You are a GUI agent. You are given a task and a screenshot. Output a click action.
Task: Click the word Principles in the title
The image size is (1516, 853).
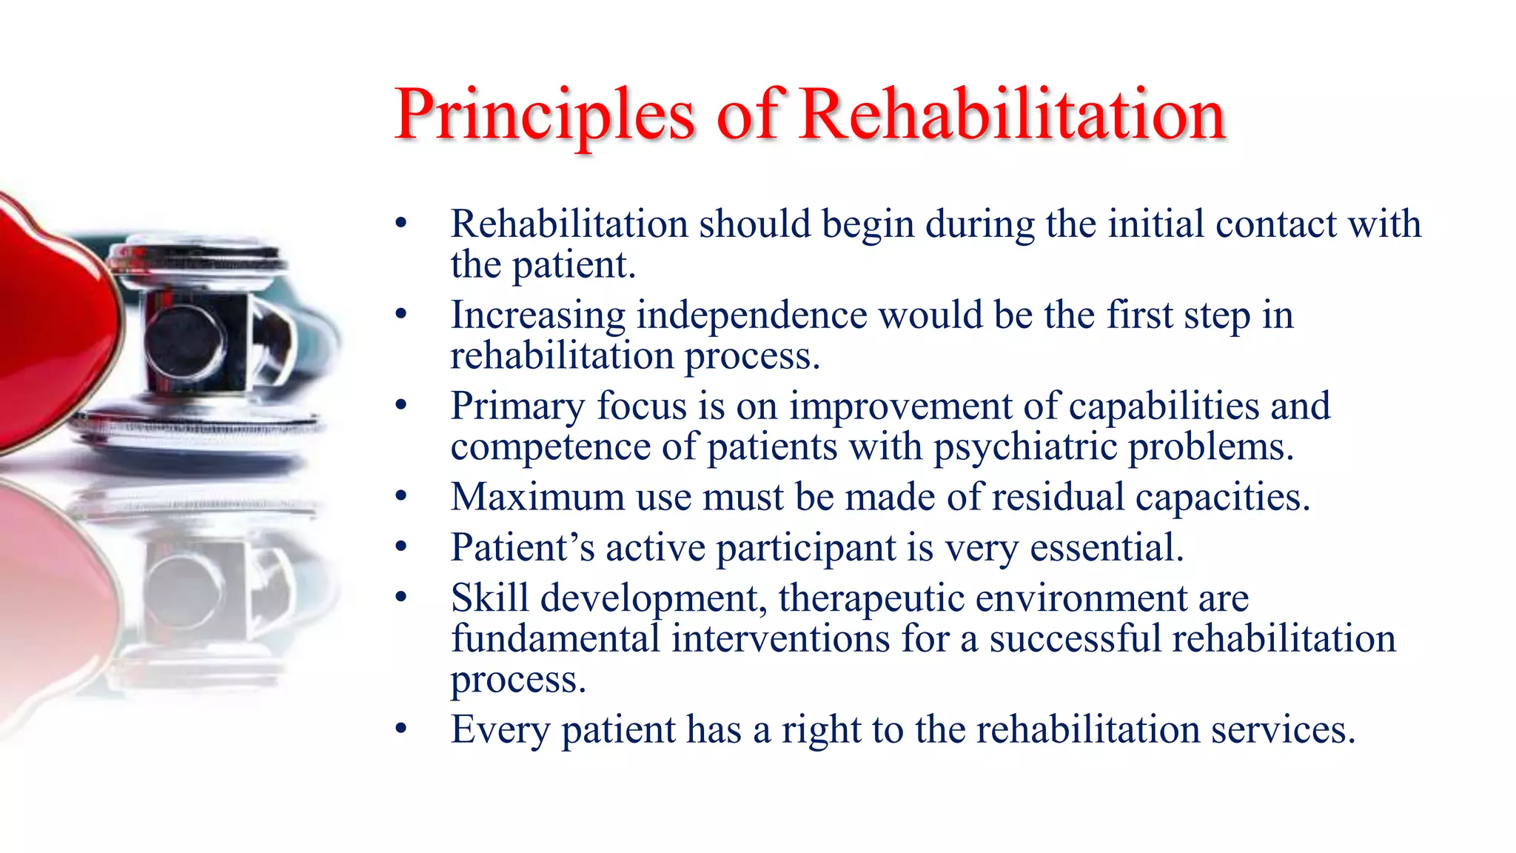pyautogui.click(x=544, y=115)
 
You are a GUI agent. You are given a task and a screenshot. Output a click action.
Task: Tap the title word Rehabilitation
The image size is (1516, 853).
pyautogui.click(x=1013, y=115)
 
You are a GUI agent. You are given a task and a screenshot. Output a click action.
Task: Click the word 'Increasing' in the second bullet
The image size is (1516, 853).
pyautogui.click(x=538, y=315)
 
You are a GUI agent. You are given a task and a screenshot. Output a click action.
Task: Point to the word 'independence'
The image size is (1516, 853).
pyautogui.click(x=751, y=315)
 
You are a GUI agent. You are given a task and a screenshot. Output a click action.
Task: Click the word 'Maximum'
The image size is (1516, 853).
pyautogui.click(x=538, y=497)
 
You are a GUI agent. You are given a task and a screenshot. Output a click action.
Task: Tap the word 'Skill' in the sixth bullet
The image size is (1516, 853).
pyautogui.click(x=490, y=598)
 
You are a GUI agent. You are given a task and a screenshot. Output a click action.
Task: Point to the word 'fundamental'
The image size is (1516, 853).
pyautogui.click(x=555, y=638)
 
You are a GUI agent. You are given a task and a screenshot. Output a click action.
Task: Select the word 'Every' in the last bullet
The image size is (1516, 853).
pyautogui.click(x=500, y=730)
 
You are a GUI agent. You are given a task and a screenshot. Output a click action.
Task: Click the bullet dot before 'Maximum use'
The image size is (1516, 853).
pyautogui.click(x=401, y=497)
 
